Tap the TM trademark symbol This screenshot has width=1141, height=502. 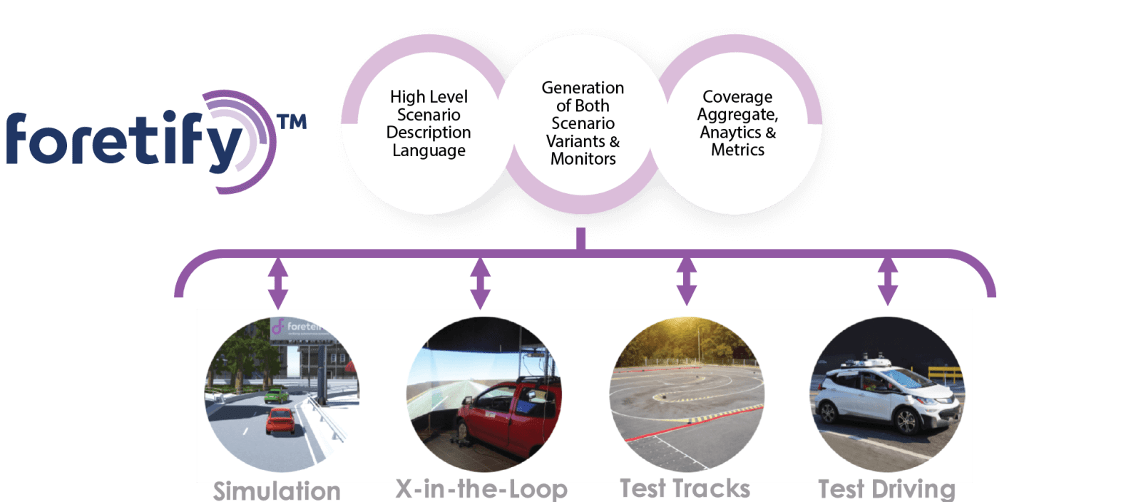[292, 122]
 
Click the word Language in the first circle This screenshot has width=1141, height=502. [429, 150]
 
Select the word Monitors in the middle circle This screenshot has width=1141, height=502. [583, 159]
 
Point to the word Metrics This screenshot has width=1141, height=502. [737, 150]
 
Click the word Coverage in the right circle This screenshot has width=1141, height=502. [737, 96]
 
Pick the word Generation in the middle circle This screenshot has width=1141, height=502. [583, 88]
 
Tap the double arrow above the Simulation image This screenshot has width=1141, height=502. [277, 282]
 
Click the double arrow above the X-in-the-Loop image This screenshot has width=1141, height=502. [480, 282]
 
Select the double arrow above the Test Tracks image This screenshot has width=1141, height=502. [686, 280]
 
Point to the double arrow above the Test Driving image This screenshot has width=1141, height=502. [887, 280]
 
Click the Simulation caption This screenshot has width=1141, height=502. [277, 491]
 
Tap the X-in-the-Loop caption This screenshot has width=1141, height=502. [481, 489]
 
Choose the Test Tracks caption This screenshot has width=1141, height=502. [685, 488]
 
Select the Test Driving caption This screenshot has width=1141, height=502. [886, 488]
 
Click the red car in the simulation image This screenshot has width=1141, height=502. [280, 421]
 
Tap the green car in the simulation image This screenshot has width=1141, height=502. [276, 394]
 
